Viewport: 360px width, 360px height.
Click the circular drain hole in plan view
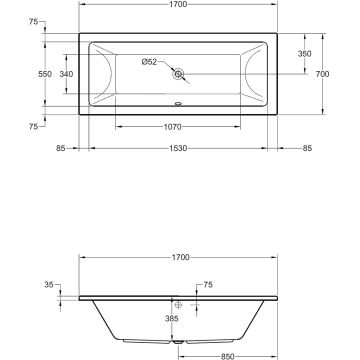pos(178,75)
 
